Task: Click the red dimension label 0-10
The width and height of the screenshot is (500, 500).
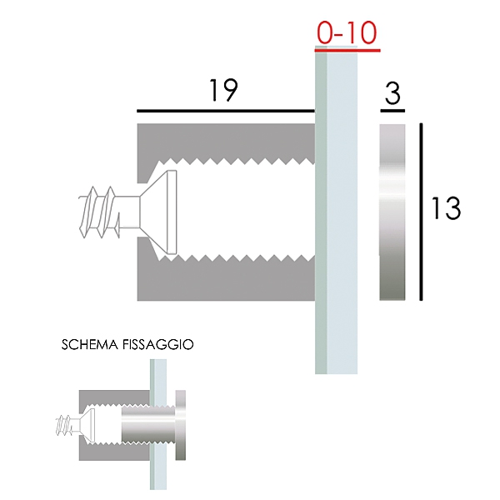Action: [x=347, y=32]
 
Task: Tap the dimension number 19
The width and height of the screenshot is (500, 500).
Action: [x=222, y=91]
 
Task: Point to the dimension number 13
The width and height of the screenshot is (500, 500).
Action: [x=446, y=208]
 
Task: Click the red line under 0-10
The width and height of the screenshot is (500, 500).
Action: [x=347, y=49]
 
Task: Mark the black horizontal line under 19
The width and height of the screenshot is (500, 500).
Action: [x=225, y=110]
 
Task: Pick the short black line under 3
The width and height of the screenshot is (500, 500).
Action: [x=392, y=111]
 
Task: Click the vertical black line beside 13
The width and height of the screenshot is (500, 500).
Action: [x=422, y=212]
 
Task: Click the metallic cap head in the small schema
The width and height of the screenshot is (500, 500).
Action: [x=183, y=425]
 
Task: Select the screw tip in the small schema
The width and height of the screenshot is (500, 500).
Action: [x=64, y=425]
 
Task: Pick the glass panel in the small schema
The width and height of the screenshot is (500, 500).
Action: [x=156, y=425]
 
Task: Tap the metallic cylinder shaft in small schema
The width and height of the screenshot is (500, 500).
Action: [x=146, y=425]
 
